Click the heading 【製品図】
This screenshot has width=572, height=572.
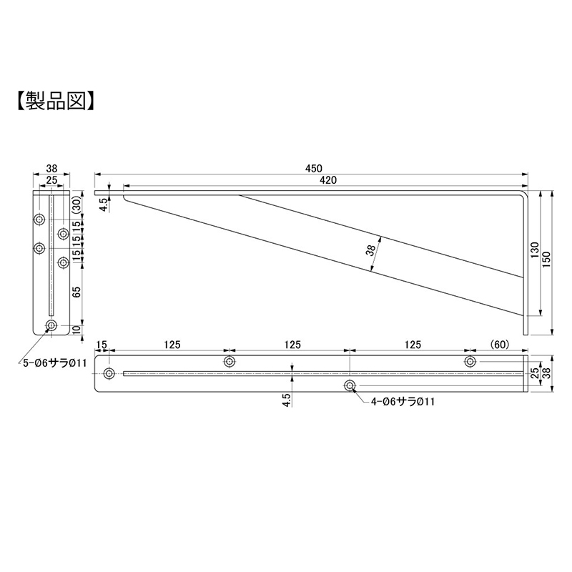point(56,101)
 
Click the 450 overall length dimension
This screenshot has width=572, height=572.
point(314,169)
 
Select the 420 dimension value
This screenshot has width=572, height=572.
point(328,180)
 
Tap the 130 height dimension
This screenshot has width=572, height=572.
point(535,250)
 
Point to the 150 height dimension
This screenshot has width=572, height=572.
point(546,260)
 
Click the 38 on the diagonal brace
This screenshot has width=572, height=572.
point(370,250)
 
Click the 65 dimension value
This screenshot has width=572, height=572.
point(77,292)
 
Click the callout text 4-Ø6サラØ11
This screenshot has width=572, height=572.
point(403,402)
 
